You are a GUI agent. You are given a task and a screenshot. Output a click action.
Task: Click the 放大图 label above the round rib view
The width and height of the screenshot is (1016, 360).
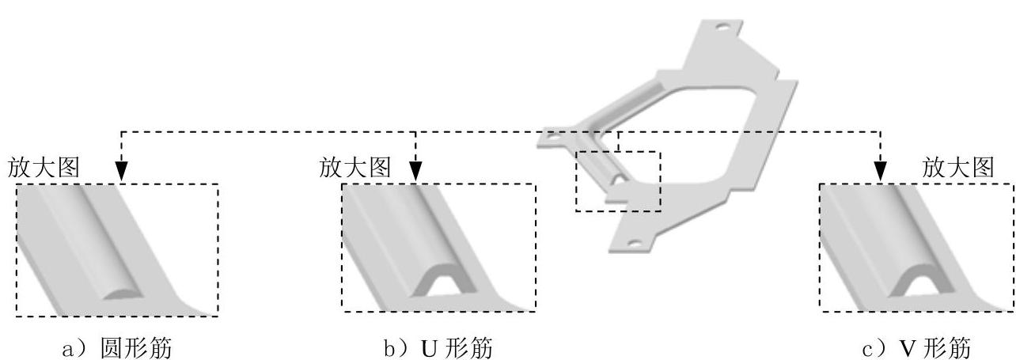[44, 167]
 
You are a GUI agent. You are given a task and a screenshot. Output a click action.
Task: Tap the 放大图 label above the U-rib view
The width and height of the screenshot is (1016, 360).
[355, 167]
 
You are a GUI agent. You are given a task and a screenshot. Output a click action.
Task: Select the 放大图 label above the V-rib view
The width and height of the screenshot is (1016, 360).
[958, 167]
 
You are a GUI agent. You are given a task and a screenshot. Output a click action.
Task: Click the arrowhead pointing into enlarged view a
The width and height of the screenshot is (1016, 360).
[121, 171]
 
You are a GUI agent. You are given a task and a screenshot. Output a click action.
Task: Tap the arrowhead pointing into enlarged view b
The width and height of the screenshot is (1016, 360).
[416, 171]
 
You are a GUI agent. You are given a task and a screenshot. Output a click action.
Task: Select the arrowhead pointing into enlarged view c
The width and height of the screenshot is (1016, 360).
[880, 171]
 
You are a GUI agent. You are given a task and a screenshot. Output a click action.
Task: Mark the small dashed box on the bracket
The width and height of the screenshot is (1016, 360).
[617, 181]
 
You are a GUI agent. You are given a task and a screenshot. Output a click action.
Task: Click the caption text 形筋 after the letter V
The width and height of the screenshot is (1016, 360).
[948, 348]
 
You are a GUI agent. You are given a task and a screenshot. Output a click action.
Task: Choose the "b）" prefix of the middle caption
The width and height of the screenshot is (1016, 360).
[393, 348]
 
